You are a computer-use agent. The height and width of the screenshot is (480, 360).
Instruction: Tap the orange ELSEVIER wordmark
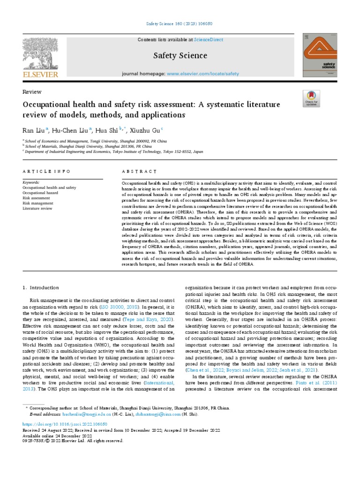click(x=41, y=75)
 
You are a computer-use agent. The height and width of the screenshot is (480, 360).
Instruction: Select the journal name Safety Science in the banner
click(x=180, y=55)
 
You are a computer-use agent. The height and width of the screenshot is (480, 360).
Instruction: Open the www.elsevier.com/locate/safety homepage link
click(x=202, y=74)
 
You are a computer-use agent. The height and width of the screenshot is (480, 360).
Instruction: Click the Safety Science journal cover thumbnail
click(x=320, y=54)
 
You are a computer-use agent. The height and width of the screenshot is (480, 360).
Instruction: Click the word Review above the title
click(x=32, y=92)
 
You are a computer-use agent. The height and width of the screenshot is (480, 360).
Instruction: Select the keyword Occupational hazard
click(x=40, y=193)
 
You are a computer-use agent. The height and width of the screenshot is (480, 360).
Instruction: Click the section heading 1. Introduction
click(x=41, y=287)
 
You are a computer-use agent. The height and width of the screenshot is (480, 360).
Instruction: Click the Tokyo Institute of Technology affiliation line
click(x=114, y=151)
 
